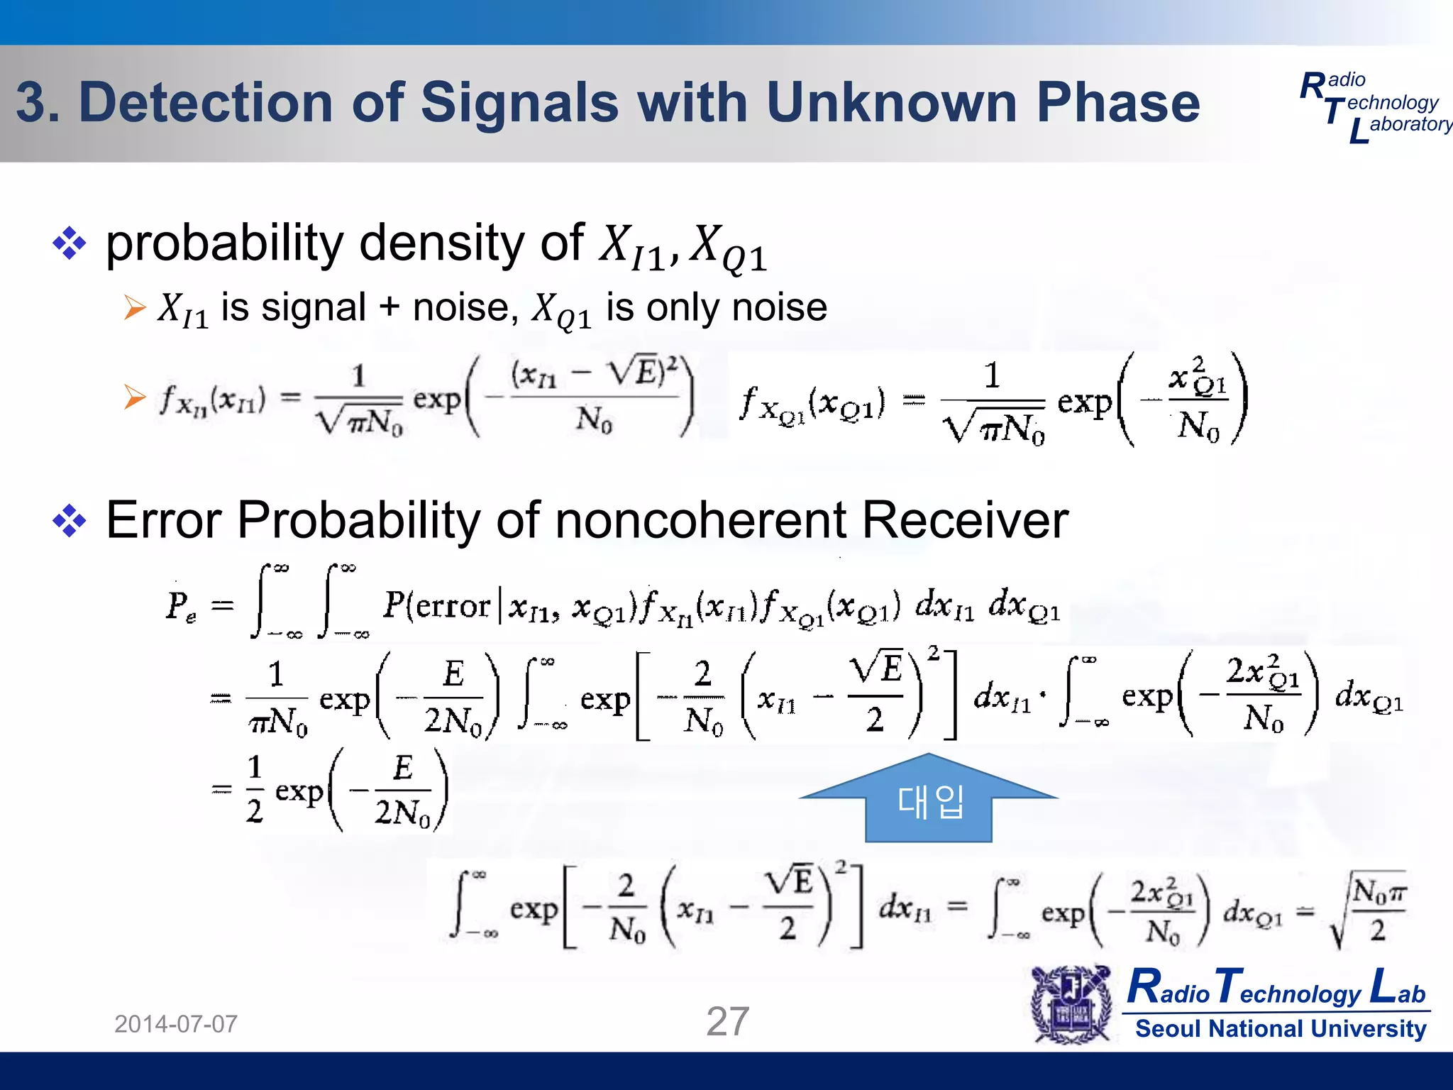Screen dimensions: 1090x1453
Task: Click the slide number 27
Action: pyautogui.click(x=727, y=1021)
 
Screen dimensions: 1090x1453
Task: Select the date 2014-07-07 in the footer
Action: pyautogui.click(x=176, y=1024)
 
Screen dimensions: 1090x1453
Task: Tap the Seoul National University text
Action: pyautogui.click(x=1280, y=1028)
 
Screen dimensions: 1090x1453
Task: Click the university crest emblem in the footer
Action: pyautogui.click(x=1071, y=1004)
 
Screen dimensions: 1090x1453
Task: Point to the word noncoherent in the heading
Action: pyautogui.click(x=701, y=520)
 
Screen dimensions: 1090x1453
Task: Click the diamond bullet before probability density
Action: pyautogui.click(x=70, y=243)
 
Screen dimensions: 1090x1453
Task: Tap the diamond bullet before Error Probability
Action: pyautogui.click(x=70, y=521)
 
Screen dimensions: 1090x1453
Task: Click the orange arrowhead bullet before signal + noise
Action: pyautogui.click(x=134, y=308)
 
